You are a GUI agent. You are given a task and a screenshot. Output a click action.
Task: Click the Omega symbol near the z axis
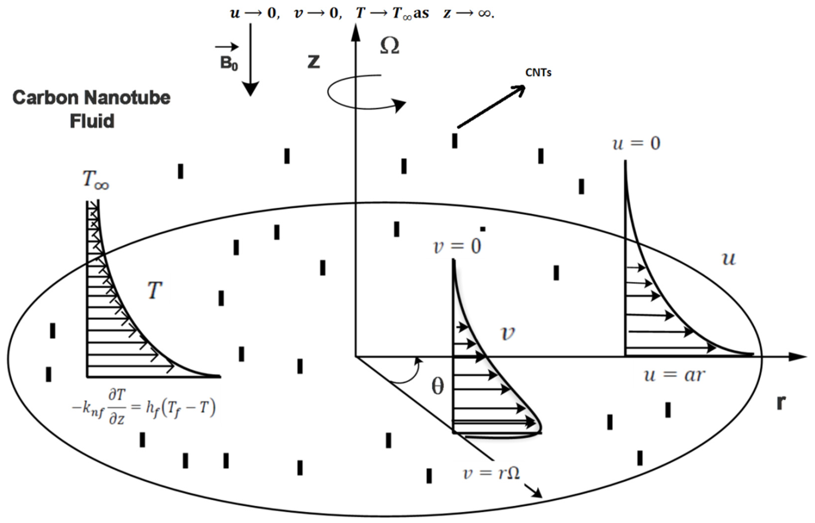389,46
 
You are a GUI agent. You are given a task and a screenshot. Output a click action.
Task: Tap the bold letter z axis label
314,62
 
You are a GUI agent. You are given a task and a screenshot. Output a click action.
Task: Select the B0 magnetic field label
229,63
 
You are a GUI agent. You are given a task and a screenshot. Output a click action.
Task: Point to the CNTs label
538,73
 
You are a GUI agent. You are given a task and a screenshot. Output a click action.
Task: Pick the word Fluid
92,121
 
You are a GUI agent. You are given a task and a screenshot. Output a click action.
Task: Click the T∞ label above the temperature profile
96,180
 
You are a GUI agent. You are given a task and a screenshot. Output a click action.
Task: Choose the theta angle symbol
437,386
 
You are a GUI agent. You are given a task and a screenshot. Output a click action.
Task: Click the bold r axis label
781,403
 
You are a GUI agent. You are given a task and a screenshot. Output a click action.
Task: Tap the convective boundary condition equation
144,407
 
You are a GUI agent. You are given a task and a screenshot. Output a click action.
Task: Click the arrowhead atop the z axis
355,32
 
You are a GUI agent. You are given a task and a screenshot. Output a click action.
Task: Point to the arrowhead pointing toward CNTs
518,89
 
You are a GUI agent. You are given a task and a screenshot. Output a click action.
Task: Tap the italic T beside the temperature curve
154,290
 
